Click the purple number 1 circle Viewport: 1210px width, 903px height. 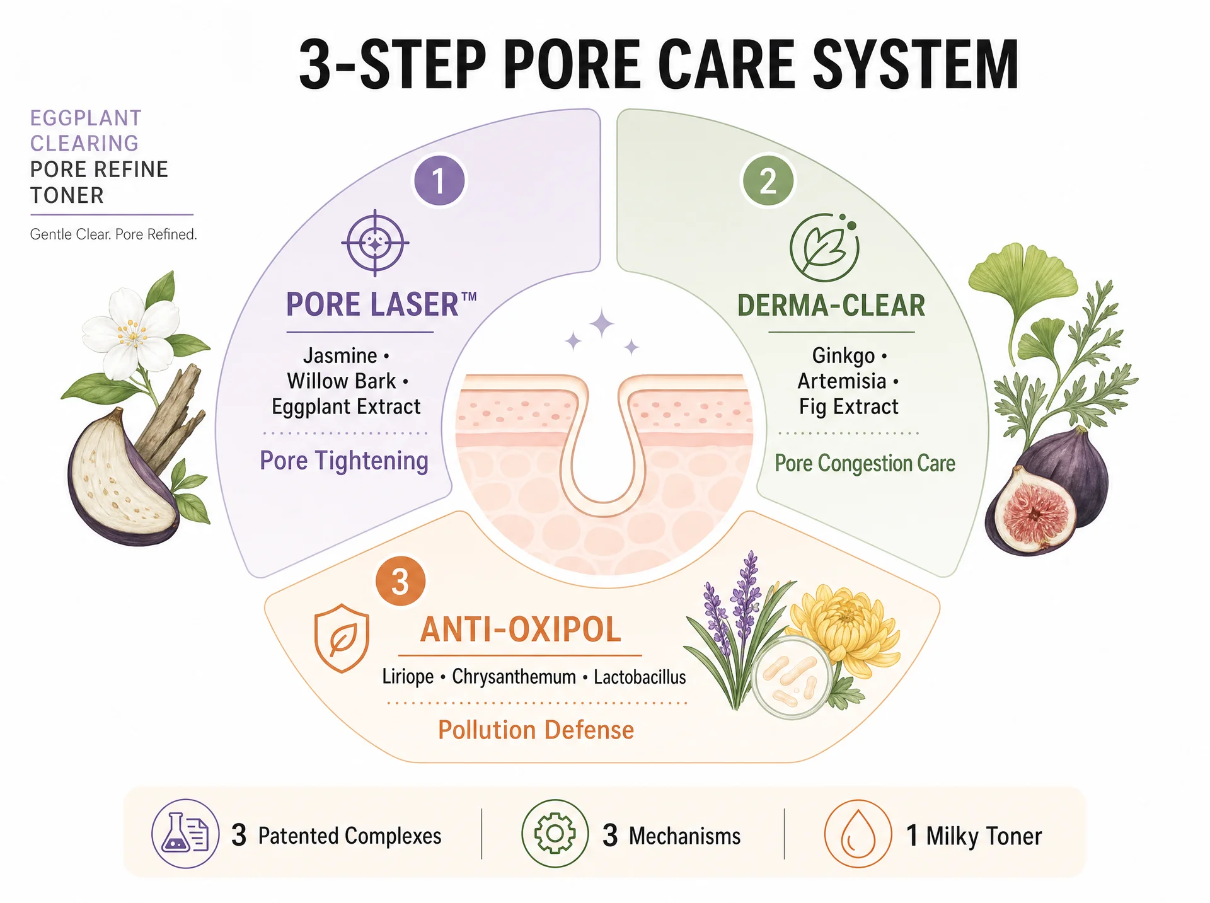click(439, 180)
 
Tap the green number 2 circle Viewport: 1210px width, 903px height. click(768, 181)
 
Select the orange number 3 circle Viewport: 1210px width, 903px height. click(400, 581)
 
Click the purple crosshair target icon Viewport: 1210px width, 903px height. click(375, 243)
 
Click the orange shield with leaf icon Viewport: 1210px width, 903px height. click(341, 638)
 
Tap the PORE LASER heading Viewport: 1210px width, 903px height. click(381, 304)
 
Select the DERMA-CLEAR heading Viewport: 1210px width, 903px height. click(831, 306)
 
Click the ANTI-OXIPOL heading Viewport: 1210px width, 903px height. click(521, 630)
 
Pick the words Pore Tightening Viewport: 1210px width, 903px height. click(344, 461)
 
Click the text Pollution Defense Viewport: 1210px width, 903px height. click(536, 730)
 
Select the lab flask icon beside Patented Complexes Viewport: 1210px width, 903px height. click(185, 834)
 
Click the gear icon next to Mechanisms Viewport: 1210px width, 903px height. click(555, 834)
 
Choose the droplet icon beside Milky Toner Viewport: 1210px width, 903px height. click(858, 834)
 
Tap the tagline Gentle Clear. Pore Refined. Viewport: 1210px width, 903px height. click(113, 234)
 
